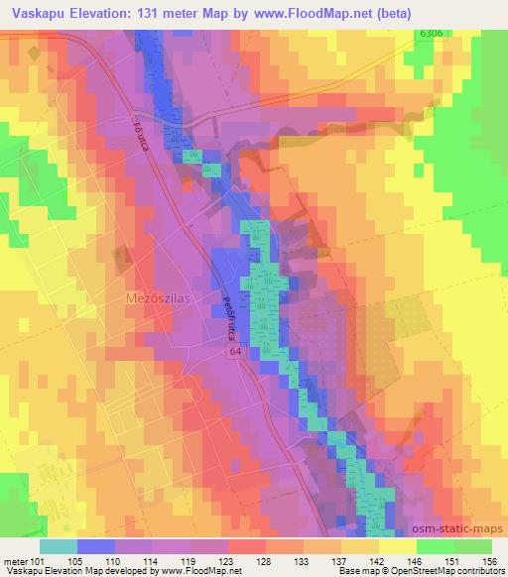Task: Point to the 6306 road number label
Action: [429, 35]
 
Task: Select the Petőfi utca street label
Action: [227, 312]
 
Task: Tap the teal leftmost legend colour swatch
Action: [59, 546]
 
